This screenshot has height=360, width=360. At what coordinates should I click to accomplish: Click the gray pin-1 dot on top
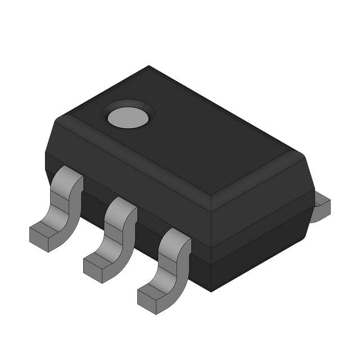(x=128, y=117)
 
